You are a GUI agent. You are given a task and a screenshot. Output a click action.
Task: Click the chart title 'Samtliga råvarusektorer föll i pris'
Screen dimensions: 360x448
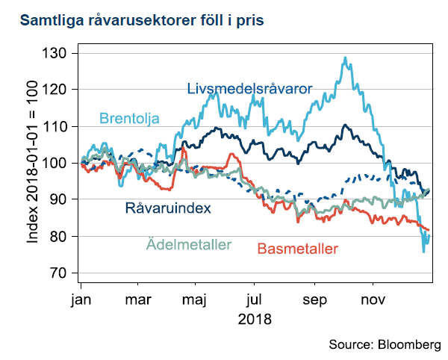point(141,20)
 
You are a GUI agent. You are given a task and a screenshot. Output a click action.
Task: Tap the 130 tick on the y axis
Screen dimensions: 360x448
point(57,54)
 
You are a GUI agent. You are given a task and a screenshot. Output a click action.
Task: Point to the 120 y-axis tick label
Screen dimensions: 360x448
point(57,90)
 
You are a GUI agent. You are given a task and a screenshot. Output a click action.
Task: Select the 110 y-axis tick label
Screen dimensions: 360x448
point(57,127)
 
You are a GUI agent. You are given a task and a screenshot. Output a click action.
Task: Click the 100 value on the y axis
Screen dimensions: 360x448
point(57,164)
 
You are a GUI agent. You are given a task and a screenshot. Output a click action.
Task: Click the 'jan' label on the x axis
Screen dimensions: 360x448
point(81,300)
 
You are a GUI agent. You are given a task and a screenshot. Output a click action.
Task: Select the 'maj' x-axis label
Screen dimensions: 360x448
point(194,300)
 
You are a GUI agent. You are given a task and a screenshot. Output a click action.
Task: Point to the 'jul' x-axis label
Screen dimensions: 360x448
point(255,300)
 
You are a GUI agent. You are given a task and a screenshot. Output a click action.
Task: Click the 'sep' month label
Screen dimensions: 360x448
point(314,300)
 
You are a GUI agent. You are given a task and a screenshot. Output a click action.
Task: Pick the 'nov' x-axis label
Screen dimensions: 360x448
point(373,300)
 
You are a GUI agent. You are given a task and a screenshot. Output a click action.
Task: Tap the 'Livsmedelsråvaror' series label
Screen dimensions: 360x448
point(249,89)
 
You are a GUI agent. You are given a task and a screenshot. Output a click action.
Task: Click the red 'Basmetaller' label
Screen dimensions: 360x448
point(297,248)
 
